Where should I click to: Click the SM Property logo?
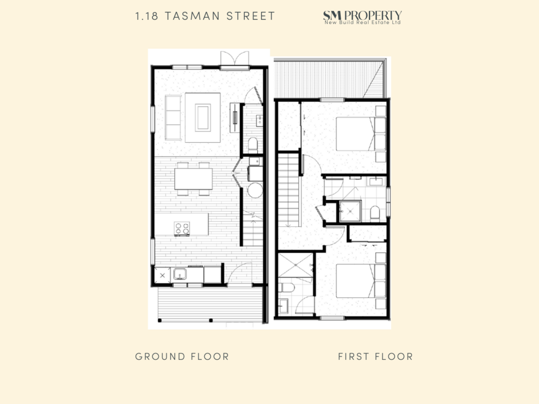click(362, 17)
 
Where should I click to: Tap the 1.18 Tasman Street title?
click(205, 16)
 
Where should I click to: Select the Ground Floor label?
click(182, 357)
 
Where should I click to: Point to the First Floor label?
click(375, 357)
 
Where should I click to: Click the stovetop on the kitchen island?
click(182, 228)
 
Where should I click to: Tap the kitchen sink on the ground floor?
click(179, 274)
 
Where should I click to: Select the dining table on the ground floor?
click(193, 179)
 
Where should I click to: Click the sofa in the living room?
click(173, 117)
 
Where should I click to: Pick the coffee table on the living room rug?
click(203, 117)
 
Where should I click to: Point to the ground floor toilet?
click(253, 144)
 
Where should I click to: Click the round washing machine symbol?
click(255, 190)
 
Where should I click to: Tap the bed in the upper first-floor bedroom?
click(360, 134)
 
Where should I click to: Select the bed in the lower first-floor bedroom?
click(360, 280)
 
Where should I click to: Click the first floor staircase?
click(289, 190)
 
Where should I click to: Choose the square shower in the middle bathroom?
click(350, 211)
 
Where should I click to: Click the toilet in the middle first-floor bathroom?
click(375, 213)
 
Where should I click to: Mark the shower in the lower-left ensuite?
click(295, 265)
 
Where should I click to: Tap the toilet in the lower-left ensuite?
click(286, 287)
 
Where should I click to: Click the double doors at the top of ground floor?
click(235, 59)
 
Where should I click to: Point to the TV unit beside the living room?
click(235, 117)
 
